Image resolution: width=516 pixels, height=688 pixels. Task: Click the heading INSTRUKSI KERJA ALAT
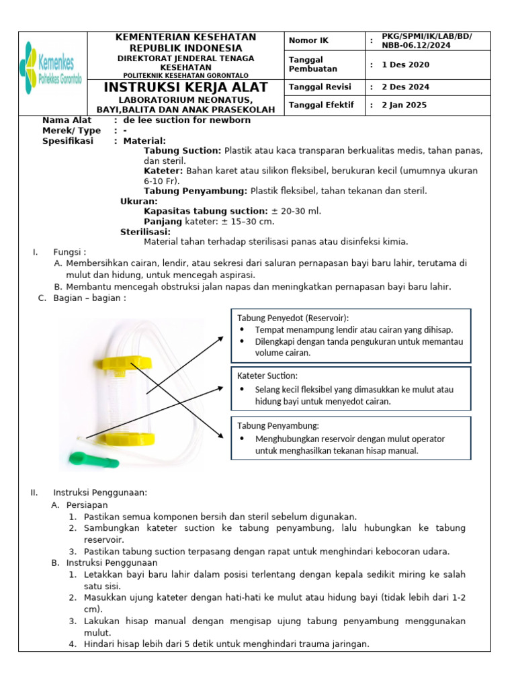[185, 87]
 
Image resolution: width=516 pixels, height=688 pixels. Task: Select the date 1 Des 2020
[405, 64]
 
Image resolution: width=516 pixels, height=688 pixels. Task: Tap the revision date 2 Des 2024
[405, 87]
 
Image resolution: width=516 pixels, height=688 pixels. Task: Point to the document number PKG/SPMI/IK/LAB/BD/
[427, 36]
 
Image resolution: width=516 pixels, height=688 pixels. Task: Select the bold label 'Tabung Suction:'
[182, 150]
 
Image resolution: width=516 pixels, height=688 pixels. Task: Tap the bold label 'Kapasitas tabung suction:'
[206, 211]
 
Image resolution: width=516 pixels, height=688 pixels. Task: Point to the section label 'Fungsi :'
[70, 252]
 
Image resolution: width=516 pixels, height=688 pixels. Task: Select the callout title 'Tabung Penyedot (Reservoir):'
[293, 318]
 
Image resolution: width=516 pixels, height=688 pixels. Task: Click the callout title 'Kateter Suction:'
[267, 376]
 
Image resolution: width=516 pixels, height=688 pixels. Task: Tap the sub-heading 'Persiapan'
[87, 505]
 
